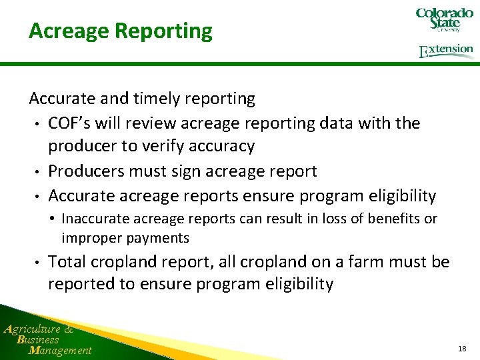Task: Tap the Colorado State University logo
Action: [444, 20]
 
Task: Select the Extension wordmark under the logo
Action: [446, 51]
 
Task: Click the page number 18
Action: [462, 349]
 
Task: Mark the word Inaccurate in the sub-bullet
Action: [93, 219]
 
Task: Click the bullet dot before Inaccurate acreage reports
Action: [53, 219]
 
